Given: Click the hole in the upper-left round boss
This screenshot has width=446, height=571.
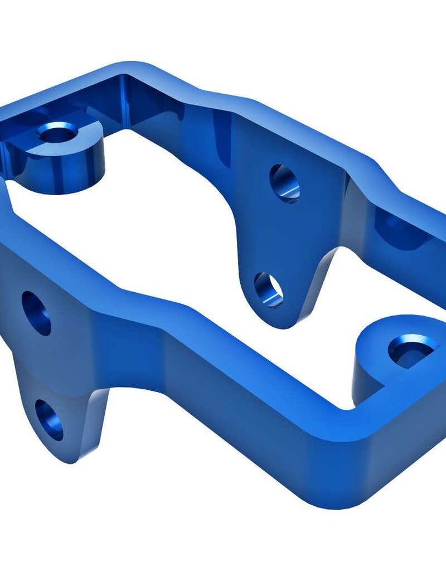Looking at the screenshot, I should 57,133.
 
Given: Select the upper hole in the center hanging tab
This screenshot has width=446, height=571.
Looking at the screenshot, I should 284,183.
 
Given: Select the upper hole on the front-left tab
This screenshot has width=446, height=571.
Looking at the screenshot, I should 36,313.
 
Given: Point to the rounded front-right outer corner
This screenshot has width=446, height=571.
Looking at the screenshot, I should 357,496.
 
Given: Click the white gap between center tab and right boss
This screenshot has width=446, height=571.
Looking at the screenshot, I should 357,290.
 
